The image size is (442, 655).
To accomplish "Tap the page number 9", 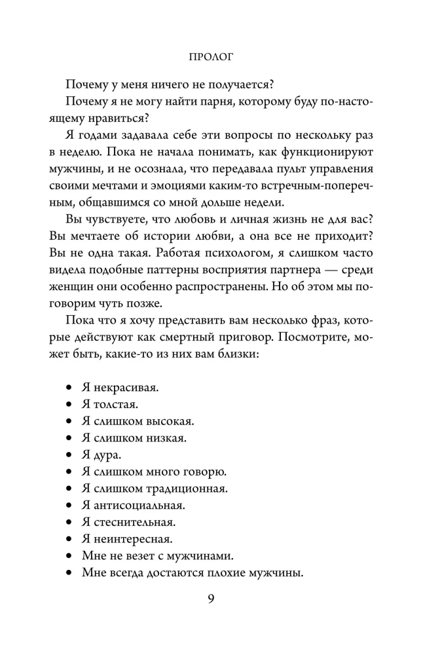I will [211, 600].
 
